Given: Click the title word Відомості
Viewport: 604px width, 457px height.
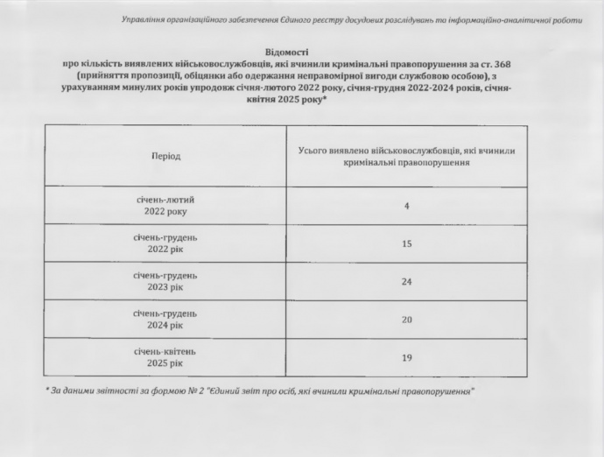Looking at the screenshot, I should pos(286,53).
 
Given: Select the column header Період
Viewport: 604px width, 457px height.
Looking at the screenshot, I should pos(165,156).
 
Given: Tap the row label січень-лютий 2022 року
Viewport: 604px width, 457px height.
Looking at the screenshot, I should pos(165,205).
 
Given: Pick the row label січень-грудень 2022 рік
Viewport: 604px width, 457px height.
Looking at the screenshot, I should pos(165,243).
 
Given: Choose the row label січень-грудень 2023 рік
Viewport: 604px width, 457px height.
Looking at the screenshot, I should pos(165,281).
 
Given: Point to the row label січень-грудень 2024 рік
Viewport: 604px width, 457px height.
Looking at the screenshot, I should pos(165,319).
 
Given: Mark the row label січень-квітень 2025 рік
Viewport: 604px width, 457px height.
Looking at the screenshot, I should pos(165,357).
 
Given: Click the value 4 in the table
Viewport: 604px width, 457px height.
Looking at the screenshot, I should pos(407,206).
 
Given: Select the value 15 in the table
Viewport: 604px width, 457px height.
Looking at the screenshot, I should pos(407,243).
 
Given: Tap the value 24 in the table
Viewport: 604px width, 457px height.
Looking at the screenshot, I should pos(407,282).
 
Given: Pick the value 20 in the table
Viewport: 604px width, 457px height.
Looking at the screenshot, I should pos(407,320).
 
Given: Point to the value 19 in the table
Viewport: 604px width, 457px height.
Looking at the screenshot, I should pos(407,357).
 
